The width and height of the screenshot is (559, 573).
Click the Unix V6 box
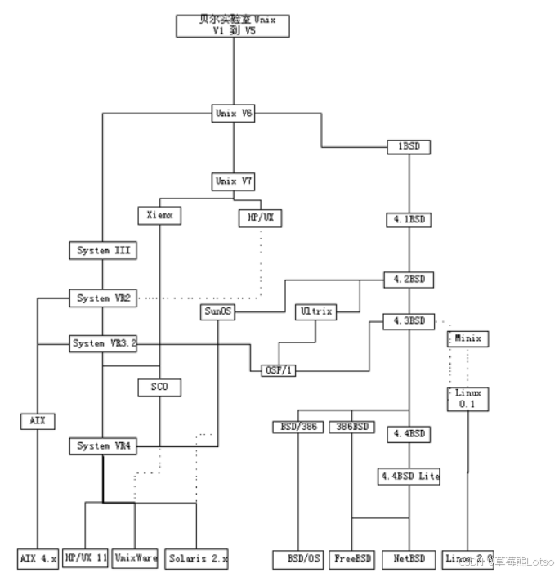[233, 114]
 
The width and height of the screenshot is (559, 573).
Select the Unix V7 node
[233, 181]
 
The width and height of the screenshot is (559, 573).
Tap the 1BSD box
[408, 147]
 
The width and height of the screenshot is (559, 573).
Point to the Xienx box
[159, 216]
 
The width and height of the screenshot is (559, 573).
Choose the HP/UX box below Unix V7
[260, 217]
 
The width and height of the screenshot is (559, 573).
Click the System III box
[102, 250]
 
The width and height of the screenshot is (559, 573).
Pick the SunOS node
[217, 311]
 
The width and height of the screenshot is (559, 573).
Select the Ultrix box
[315, 311]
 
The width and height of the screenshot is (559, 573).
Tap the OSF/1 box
[279, 370]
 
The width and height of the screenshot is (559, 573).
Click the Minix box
[467, 338]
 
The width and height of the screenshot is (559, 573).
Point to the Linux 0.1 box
[467, 398]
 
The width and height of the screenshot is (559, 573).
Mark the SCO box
[159, 387]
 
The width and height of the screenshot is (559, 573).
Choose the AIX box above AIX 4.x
[38, 421]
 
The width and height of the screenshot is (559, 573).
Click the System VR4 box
[102, 446]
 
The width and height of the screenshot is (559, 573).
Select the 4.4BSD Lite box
[409, 476]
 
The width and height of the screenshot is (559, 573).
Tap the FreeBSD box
[353, 559]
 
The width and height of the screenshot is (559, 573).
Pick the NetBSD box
[408, 559]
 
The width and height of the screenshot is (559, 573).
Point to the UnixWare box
[135, 559]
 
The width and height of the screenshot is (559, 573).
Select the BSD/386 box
[297, 427]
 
